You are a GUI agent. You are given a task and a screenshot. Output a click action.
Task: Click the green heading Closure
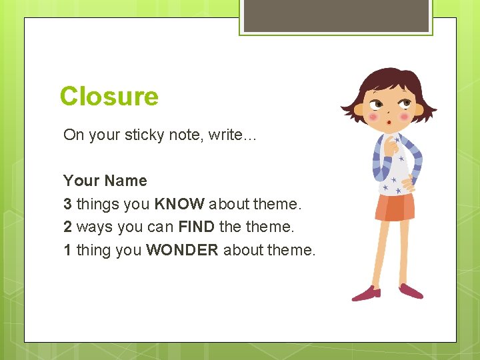click(x=109, y=97)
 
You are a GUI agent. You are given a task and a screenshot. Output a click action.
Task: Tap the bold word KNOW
click(x=179, y=204)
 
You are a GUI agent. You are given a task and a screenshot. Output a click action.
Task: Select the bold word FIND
click(x=196, y=227)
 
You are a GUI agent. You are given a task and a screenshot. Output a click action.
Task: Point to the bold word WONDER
click(x=182, y=250)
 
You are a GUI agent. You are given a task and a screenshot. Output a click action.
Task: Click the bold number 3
click(x=67, y=204)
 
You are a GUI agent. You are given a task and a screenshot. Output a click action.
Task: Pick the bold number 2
click(x=67, y=227)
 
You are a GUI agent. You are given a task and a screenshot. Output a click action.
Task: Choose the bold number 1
click(x=67, y=250)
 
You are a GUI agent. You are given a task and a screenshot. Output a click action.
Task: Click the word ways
click(x=95, y=227)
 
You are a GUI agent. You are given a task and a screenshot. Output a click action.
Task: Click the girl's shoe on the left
click(x=366, y=293)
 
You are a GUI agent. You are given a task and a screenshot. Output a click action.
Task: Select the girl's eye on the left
click(x=377, y=105)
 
